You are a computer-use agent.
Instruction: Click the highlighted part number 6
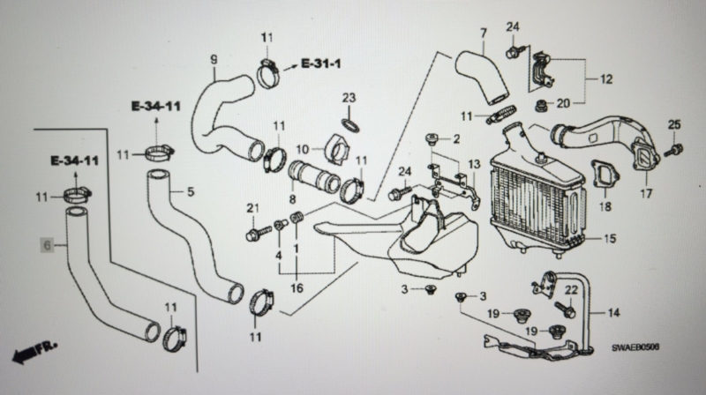pos(48,245)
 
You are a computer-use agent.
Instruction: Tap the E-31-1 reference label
pos(320,63)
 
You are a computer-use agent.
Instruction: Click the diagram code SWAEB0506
pos(635,347)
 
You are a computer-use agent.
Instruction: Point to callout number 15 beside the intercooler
pos(609,238)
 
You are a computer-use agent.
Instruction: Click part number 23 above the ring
pos(349,98)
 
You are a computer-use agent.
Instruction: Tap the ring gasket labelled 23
pos(351,125)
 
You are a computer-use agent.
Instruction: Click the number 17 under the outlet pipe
pos(646,194)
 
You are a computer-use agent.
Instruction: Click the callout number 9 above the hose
pos(214,59)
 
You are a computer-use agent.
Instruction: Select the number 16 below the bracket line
pos(297,287)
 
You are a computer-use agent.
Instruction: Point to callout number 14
pos(613,312)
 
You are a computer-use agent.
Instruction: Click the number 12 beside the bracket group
pos(606,79)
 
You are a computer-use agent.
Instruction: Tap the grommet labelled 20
pos(540,107)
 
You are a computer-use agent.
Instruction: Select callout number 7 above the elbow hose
pos(483,34)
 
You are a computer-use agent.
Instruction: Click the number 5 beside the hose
pos(191,192)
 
